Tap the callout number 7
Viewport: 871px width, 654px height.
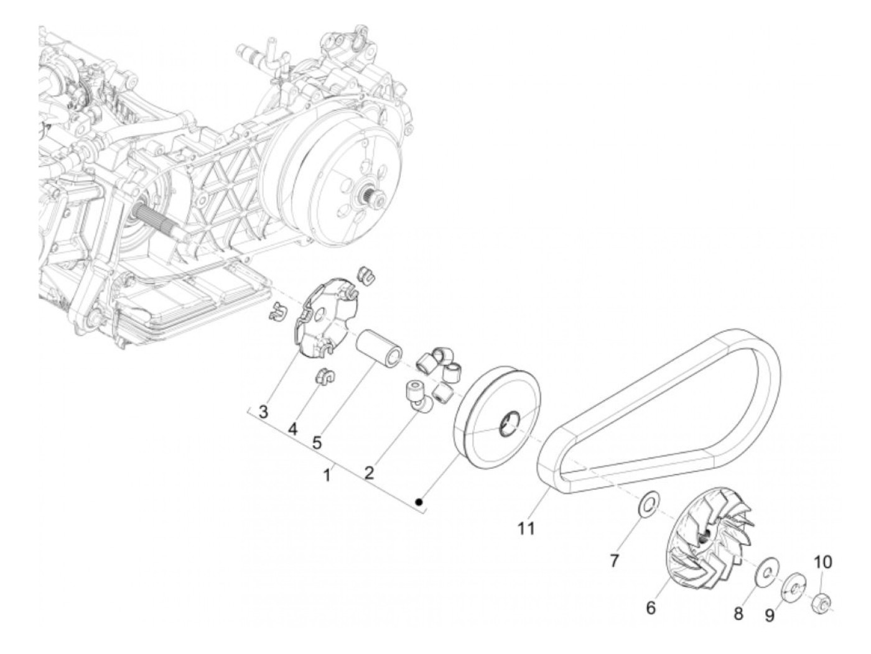point(614,561)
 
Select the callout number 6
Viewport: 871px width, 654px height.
point(651,608)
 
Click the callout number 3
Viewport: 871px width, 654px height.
point(264,412)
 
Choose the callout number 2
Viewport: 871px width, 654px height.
point(369,472)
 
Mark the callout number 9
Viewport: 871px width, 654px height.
point(770,615)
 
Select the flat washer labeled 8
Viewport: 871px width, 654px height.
point(764,573)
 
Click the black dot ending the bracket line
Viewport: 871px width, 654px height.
point(420,501)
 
